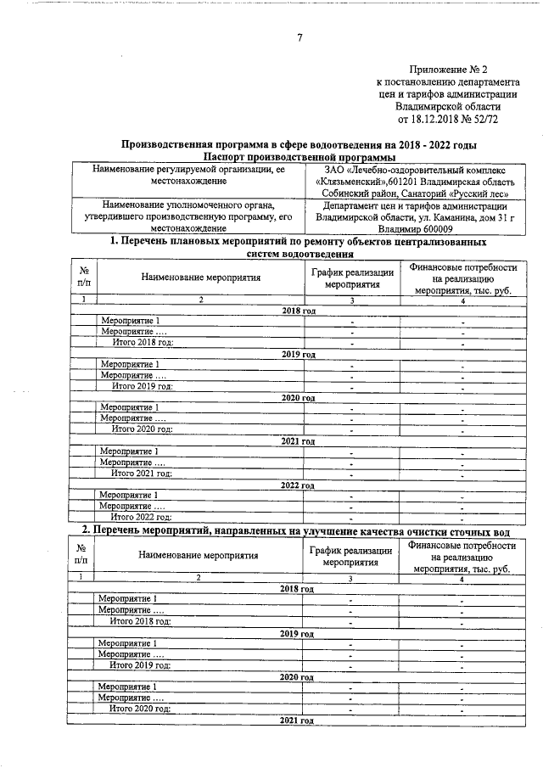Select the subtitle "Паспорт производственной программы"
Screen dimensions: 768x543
pyautogui.click(x=299, y=157)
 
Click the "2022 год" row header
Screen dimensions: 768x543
pyautogui.click(x=299, y=485)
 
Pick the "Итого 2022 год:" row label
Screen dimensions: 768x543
pyautogui.click(x=142, y=516)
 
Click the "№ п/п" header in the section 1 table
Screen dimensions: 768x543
pyautogui.click(x=84, y=277)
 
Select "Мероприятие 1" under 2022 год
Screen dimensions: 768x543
pyautogui.click(x=129, y=495)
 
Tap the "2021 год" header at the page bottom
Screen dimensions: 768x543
pyautogui.click(x=299, y=720)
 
